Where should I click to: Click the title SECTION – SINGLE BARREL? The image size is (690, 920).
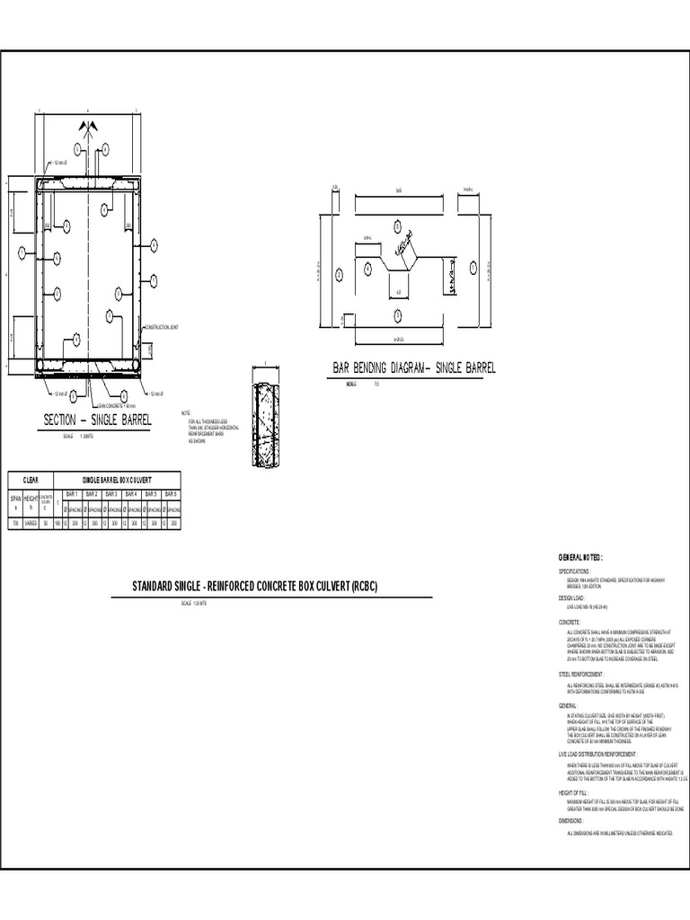(x=99, y=420)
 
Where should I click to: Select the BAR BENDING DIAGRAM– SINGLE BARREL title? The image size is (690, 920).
(x=414, y=368)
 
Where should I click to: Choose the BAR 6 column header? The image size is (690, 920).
(x=170, y=494)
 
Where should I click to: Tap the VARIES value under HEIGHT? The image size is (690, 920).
(x=31, y=522)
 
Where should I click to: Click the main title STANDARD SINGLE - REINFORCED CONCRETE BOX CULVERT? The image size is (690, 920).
(x=255, y=587)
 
